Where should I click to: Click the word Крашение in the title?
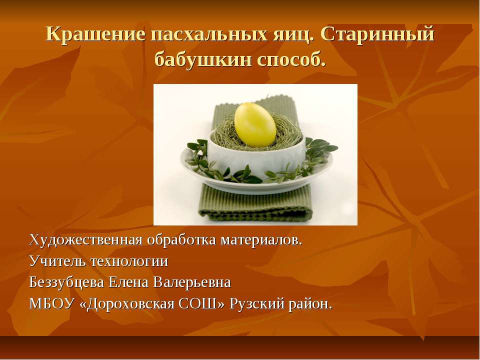pyautogui.click(x=95, y=34)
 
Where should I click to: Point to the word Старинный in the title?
pyautogui.click(x=377, y=34)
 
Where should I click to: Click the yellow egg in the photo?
pyautogui.click(x=255, y=124)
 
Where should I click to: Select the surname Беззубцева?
pyautogui.click(x=66, y=282)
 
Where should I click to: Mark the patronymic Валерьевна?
pyautogui.click(x=192, y=282)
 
